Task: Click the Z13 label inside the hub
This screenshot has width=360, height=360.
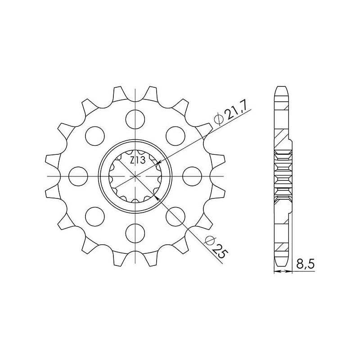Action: point(138,160)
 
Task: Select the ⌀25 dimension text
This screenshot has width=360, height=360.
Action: point(216,247)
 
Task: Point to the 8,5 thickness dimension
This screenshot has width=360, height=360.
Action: point(305,265)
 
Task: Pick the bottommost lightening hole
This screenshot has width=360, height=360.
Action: point(135,234)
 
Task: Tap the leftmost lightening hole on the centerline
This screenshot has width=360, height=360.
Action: point(78,176)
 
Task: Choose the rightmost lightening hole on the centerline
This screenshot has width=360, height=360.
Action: point(192,176)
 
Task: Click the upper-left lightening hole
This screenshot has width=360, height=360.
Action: point(95,136)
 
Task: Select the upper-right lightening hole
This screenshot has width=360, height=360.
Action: point(175,136)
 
